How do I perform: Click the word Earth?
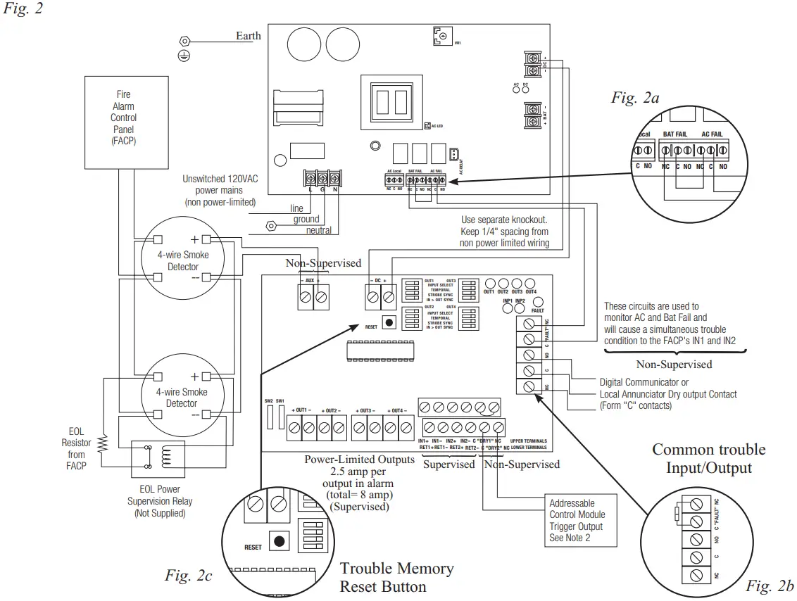(x=248, y=36)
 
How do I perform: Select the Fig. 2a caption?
(x=634, y=98)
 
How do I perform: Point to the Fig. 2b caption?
(x=770, y=585)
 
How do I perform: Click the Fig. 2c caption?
(x=188, y=576)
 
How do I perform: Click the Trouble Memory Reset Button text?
(x=396, y=577)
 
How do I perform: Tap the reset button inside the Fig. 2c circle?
(x=280, y=541)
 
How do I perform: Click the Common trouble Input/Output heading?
(x=708, y=458)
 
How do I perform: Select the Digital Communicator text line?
(x=644, y=381)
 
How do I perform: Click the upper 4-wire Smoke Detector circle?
(x=181, y=260)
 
